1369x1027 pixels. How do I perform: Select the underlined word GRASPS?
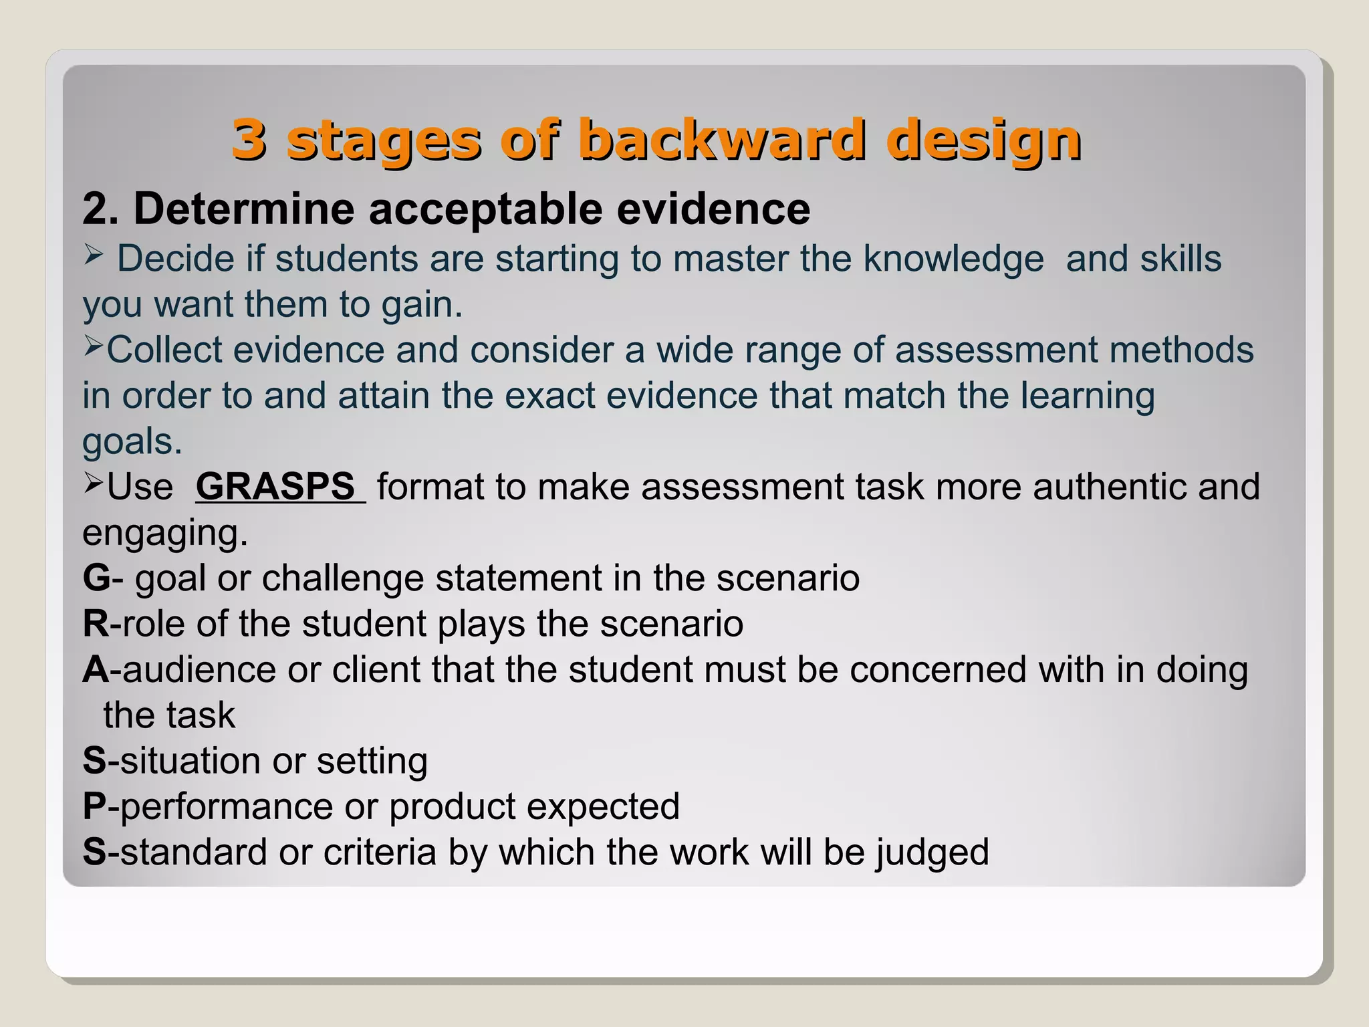(x=275, y=486)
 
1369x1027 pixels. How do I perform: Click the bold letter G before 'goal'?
(x=96, y=578)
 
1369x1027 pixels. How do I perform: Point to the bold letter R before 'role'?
(x=96, y=623)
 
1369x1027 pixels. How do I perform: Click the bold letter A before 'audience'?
(x=96, y=669)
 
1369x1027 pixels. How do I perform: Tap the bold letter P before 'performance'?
(x=95, y=806)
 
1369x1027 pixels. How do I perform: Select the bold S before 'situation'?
(x=94, y=761)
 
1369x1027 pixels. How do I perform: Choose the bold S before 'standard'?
(x=94, y=852)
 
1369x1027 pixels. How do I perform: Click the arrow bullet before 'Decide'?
(x=93, y=255)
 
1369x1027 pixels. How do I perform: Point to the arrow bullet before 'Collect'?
(x=93, y=346)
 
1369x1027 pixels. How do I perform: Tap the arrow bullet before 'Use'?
(x=93, y=483)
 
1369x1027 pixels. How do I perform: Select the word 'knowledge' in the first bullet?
(x=953, y=259)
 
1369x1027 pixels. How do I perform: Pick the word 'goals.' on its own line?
(x=132, y=442)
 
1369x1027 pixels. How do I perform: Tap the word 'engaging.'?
(x=164, y=534)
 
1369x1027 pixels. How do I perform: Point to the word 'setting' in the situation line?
(x=372, y=762)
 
